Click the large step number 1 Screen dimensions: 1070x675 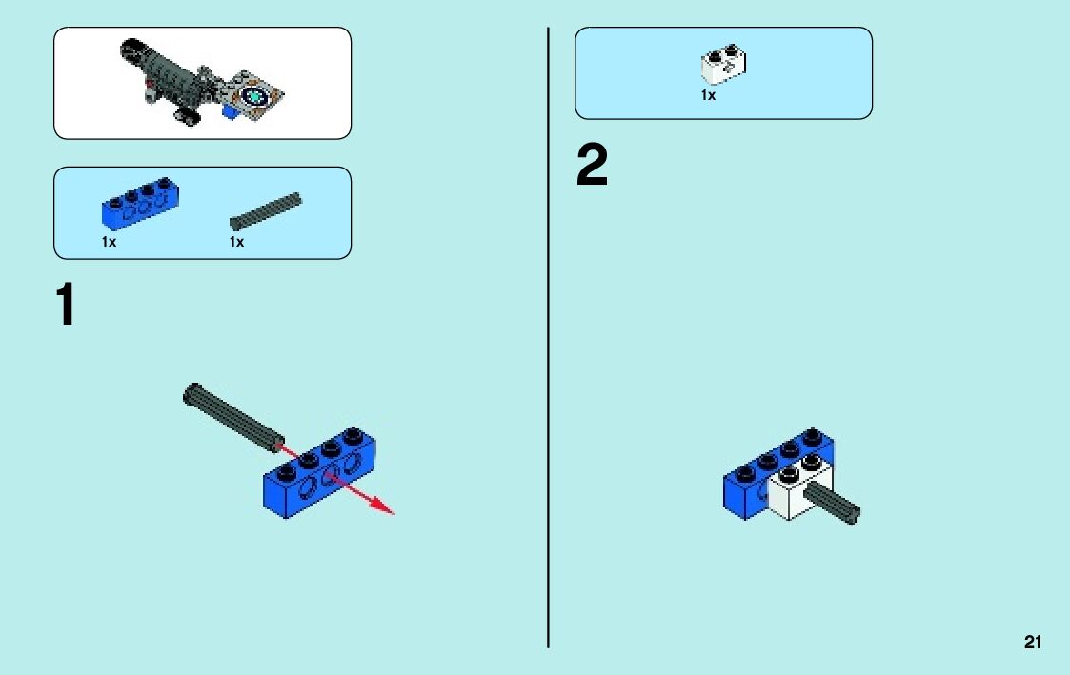(66, 306)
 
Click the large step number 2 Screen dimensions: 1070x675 (592, 168)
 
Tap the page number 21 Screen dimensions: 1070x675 (1033, 643)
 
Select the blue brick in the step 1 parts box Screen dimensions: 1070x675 (141, 203)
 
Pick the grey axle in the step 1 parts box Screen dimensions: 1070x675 (266, 211)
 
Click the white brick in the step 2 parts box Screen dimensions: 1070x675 (723, 63)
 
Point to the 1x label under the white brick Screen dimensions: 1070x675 (708, 95)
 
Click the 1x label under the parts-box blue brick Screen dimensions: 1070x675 (110, 242)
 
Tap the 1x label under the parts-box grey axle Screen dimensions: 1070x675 (237, 242)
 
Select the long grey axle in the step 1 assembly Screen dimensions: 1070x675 (232, 414)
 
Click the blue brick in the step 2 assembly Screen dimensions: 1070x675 (748, 486)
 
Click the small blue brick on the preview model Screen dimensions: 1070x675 (230, 112)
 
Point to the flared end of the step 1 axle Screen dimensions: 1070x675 (192, 392)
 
